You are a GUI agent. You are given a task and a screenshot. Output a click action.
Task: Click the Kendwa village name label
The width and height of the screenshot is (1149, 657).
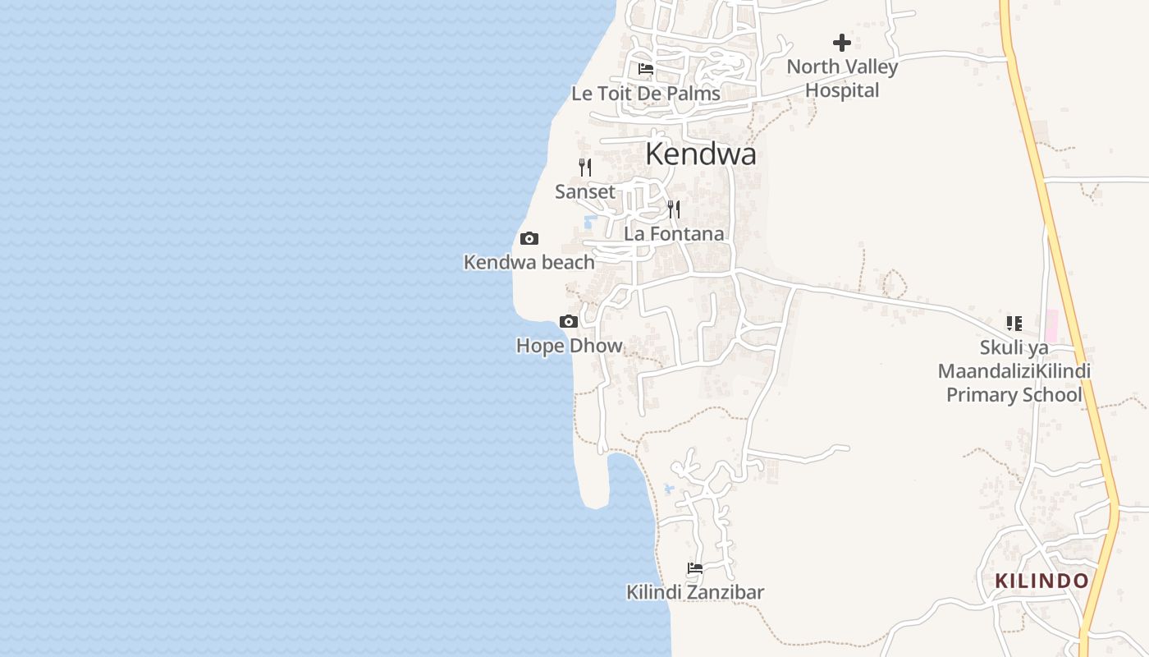tap(700, 154)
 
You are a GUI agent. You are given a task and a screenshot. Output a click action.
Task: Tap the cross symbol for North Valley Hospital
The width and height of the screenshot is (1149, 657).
tap(842, 43)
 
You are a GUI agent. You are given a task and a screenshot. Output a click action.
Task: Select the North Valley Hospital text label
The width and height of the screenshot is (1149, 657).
tap(842, 78)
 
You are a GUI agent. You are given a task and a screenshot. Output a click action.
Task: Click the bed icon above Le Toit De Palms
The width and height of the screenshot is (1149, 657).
tap(646, 69)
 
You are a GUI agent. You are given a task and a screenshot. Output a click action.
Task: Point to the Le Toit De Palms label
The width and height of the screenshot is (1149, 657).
tap(646, 94)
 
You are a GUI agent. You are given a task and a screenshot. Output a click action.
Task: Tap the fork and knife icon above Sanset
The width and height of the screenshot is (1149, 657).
tap(585, 168)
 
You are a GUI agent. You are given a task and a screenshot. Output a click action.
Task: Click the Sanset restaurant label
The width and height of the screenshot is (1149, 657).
tap(585, 192)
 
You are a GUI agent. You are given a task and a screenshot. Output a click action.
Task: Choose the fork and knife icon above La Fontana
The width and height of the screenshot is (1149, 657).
tap(674, 209)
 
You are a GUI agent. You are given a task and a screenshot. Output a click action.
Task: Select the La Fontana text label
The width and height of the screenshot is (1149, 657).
tap(674, 234)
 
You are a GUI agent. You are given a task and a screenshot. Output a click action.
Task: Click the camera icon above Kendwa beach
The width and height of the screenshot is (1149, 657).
tap(529, 239)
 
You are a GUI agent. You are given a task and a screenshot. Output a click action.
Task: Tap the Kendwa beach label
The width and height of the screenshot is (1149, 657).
tap(529, 263)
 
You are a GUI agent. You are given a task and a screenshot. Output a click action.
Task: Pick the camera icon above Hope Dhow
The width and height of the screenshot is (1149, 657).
tap(569, 321)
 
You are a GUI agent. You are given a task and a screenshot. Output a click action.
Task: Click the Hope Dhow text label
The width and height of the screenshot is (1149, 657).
tap(569, 346)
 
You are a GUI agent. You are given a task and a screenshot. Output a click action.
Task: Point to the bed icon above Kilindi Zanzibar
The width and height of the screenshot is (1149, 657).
tap(695, 568)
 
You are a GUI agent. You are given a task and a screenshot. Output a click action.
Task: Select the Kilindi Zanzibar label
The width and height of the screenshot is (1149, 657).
tap(695, 592)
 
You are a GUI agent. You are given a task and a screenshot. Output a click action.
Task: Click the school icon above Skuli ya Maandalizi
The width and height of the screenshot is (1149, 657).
tap(1014, 324)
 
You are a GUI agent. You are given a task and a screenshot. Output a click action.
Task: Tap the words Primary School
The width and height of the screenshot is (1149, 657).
tap(1014, 395)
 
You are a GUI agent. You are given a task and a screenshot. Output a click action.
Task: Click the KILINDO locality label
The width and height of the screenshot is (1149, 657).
tap(1041, 581)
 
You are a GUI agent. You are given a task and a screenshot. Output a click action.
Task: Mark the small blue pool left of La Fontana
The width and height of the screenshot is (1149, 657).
tap(589, 222)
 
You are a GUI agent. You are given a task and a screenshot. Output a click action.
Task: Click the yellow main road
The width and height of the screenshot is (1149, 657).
tap(1059, 246)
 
